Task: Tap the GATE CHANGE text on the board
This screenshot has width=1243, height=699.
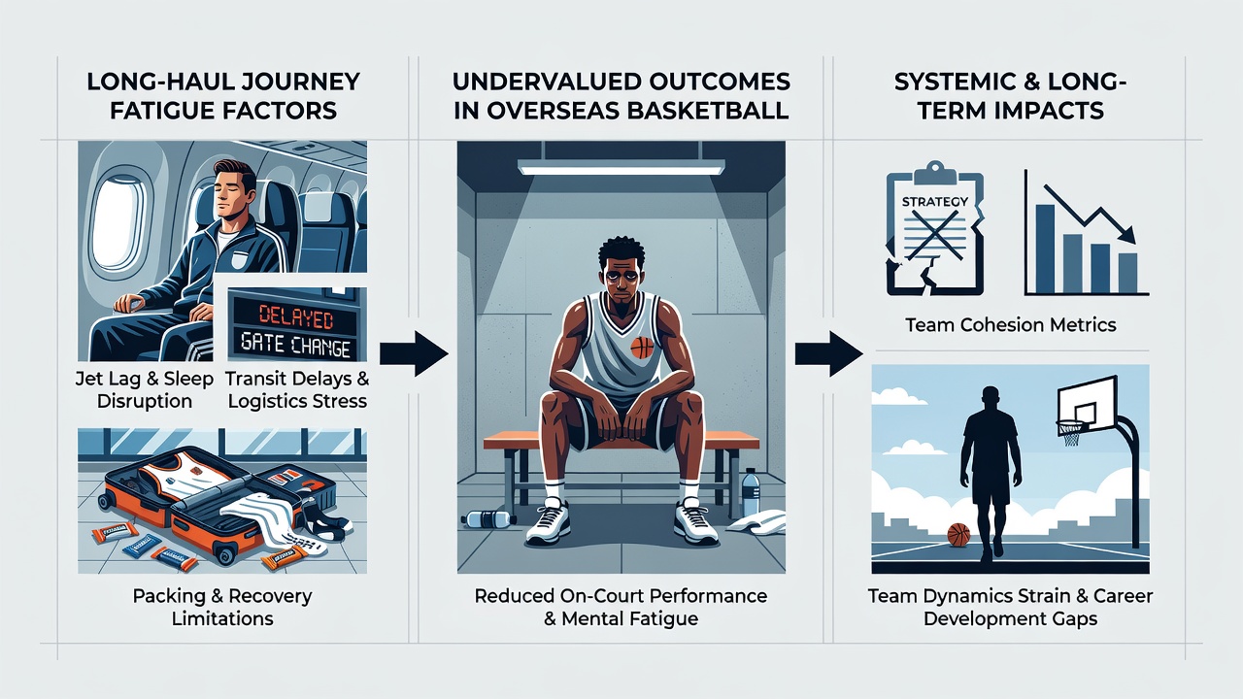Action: click(296, 347)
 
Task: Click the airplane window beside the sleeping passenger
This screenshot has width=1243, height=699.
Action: click(118, 222)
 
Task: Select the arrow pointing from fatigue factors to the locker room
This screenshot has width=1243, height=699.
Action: click(414, 354)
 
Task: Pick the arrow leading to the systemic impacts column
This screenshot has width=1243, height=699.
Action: click(828, 354)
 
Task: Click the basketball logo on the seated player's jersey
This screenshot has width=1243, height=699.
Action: click(642, 348)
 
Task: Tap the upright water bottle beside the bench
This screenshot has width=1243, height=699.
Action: click(751, 492)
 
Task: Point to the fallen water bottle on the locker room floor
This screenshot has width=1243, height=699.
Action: click(487, 518)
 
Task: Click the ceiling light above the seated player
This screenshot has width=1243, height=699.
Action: click(621, 167)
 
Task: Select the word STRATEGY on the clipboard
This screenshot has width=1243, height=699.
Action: click(935, 201)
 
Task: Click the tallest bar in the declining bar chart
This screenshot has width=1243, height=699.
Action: click(1044, 249)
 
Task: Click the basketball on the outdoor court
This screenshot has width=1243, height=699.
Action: click(958, 535)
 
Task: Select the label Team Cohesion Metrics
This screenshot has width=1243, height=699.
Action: click(1011, 324)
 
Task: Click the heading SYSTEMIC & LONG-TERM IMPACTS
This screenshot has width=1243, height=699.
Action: click(1010, 96)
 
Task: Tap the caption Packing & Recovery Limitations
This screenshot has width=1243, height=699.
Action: click(222, 607)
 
